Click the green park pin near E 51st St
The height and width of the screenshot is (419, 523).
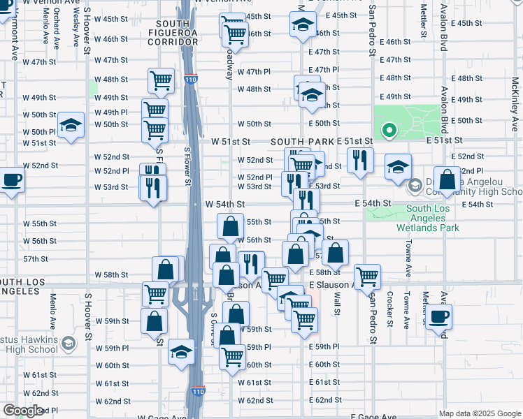click(x=388, y=130)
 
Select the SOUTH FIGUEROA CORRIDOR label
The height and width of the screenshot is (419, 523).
click(x=173, y=33)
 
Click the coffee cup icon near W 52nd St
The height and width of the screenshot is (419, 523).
click(x=10, y=180)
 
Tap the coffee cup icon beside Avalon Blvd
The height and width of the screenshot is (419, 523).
click(x=439, y=317)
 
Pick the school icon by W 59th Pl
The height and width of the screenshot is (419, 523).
click(x=181, y=351)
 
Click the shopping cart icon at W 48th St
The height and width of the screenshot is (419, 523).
click(x=161, y=80)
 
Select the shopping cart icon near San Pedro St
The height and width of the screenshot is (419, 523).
click(x=367, y=276)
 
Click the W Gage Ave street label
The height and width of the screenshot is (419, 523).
click(x=162, y=417)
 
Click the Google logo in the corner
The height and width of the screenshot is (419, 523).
click(x=23, y=411)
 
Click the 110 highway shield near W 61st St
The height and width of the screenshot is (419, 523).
click(x=199, y=391)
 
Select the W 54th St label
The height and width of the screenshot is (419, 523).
click(x=224, y=204)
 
